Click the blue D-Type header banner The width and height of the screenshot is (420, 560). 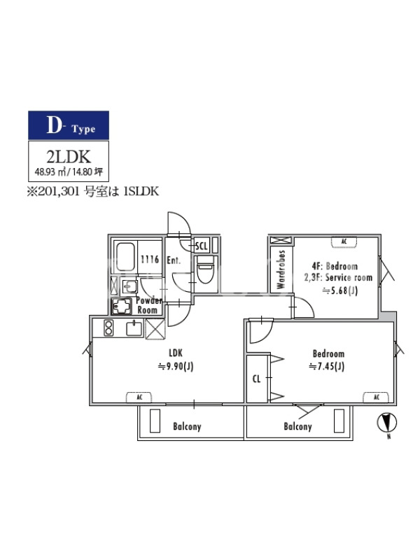click(69, 125)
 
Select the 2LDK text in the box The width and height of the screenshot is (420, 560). click(69, 156)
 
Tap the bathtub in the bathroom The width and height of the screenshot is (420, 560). click(125, 257)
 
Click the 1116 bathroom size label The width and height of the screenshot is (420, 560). click(150, 259)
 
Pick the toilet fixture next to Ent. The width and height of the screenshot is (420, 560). click(205, 269)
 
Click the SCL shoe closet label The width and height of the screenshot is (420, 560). click(202, 246)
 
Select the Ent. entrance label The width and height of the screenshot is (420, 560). click(174, 260)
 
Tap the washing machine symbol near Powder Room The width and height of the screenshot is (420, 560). click(122, 307)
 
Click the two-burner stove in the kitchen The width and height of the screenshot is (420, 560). click(108, 328)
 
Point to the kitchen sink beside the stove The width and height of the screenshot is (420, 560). click(134, 328)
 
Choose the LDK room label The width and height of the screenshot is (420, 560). click(176, 353)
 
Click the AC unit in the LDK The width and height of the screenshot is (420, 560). click(139, 397)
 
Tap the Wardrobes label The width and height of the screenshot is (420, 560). click(281, 269)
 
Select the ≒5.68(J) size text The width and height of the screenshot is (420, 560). click(340, 290)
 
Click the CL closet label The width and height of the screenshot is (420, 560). click(256, 379)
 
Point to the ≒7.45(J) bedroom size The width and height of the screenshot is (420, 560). click(326, 366)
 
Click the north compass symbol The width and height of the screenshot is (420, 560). click(387, 422)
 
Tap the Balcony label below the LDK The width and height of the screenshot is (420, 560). click(187, 426)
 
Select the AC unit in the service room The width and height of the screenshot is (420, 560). click(344, 241)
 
